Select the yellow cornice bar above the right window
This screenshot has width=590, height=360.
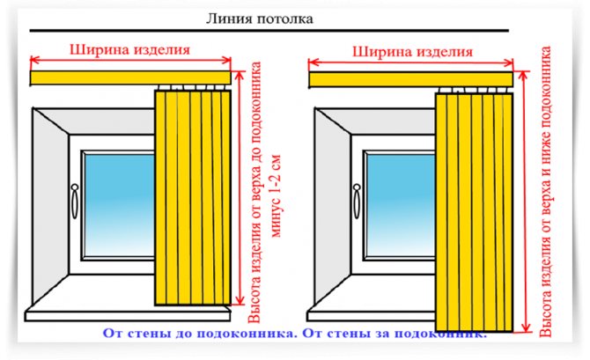pyautogui.click(x=370, y=80)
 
